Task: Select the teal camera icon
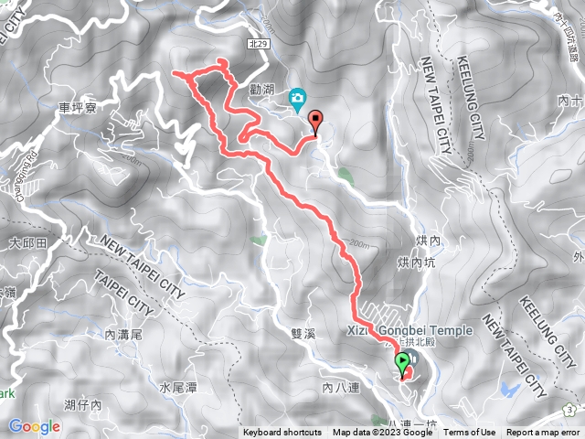pos(298,98)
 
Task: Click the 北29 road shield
pos(260,43)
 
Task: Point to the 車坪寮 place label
pos(77,108)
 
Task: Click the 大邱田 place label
pos(27,244)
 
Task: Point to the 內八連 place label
pos(341,388)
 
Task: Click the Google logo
pos(35,426)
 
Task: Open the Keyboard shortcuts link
pos(282,433)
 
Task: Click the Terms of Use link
pos(470,433)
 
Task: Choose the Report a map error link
pos(545,433)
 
